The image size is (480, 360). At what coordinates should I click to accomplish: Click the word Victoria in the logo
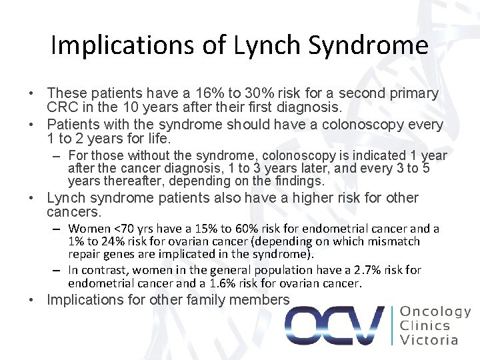coord(429,340)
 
